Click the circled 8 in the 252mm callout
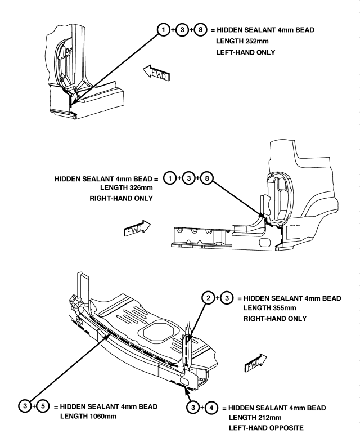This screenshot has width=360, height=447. point(200,30)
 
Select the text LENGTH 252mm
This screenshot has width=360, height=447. point(242,41)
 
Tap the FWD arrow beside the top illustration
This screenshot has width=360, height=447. point(156,73)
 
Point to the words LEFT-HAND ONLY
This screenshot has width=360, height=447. point(245,53)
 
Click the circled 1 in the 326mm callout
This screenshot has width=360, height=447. point(170,178)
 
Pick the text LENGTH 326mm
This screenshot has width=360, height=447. point(127,188)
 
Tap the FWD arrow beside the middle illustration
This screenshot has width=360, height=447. point(137,228)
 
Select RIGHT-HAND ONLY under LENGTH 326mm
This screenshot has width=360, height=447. point(121,199)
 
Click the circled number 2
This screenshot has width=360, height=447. point(208,298)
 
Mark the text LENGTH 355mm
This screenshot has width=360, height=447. point(269,308)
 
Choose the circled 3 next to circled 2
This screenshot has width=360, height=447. point(227,298)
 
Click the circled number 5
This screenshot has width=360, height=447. point(43,406)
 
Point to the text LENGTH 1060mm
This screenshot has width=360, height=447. point(88,417)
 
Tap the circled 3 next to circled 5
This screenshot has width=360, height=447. point(25,406)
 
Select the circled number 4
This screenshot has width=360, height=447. point(211,408)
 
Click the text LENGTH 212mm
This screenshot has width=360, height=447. point(255,418)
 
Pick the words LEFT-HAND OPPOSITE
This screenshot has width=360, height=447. point(266,428)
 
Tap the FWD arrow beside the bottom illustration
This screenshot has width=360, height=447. point(256,363)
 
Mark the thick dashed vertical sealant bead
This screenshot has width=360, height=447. point(187,351)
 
